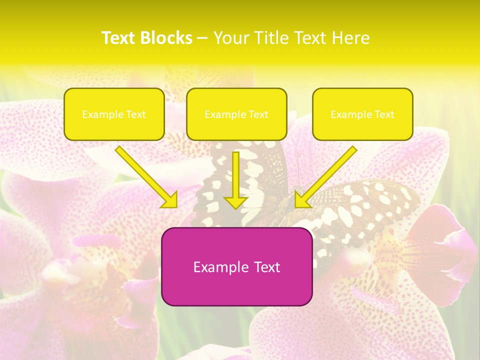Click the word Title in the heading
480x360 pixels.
tap(269, 38)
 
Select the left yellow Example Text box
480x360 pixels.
tap(114, 114)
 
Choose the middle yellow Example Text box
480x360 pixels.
tap(236, 114)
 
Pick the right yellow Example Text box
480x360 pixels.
tap(362, 114)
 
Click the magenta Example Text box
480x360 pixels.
tap(236, 266)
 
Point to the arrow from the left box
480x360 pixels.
tap(145, 176)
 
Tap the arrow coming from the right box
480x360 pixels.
tap(327, 175)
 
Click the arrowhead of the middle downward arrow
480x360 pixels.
tap(236, 202)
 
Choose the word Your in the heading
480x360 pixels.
tap(231, 38)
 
